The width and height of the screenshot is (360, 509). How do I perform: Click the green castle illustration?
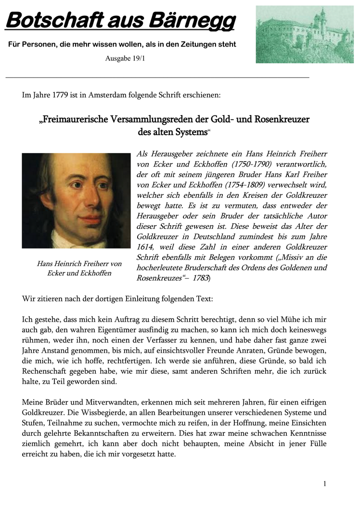305,34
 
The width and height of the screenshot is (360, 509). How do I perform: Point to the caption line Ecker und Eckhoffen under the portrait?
79,273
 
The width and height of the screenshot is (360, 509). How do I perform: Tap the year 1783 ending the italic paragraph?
201,278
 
